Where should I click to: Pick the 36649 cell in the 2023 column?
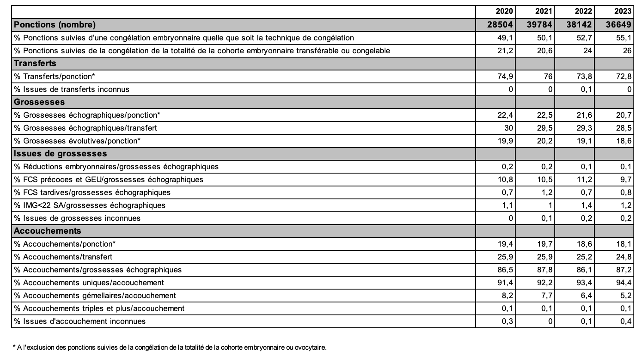point(618,24)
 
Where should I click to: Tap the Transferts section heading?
point(35,63)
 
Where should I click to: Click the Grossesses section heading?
point(39,102)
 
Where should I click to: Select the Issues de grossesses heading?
point(60,153)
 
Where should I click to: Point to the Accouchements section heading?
point(47,231)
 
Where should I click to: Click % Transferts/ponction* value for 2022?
point(584,76)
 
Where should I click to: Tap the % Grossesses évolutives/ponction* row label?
point(77,140)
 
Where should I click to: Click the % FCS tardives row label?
point(92,192)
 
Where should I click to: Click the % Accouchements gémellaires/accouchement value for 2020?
point(507,295)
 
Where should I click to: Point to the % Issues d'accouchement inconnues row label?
point(80,321)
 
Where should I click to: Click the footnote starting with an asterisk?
point(170,347)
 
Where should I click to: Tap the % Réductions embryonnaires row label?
point(116,166)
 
